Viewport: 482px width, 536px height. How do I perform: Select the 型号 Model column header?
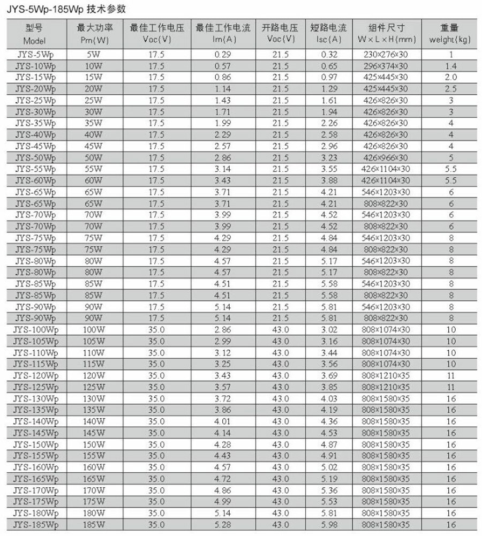tap(35, 34)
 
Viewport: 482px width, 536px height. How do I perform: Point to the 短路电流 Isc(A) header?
tap(329, 34)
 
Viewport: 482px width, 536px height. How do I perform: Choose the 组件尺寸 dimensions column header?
tap(386, 34)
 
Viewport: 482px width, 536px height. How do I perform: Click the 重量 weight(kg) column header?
tap(450, 34)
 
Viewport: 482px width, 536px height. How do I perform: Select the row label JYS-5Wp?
tap(35, 54)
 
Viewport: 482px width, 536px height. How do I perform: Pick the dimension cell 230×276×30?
tap(386, 54)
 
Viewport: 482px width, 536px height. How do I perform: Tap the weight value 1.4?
tap(451, 66)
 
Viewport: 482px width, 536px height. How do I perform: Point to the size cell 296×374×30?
tap(386, 66)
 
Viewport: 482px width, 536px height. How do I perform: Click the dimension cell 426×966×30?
tap(386, 157)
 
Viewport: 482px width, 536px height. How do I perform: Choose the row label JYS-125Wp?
tap(35, 387)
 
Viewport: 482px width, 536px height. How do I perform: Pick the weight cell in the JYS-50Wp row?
tap(451, 157)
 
